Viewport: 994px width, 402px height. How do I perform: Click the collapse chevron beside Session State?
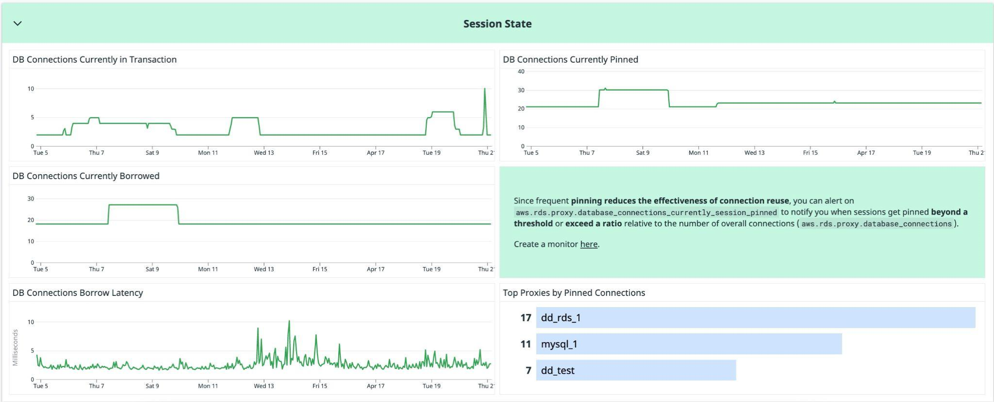[17, 23]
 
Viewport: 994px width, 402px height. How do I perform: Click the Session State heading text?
[497, 24]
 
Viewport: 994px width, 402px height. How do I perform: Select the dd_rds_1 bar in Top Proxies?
[755, 318]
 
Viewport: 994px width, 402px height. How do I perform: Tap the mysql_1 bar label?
[559, 344]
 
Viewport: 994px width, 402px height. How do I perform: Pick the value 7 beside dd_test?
[528, 370]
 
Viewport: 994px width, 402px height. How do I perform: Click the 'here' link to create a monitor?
[588, 244]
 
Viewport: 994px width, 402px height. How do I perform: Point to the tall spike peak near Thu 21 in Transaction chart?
[485, 90]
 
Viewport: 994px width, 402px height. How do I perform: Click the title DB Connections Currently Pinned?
[570, 59]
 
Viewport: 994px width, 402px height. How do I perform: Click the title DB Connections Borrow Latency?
[78, 292]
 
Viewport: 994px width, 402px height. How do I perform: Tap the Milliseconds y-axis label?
[15, 347]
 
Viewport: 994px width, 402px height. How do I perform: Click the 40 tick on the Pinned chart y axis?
[521, 72]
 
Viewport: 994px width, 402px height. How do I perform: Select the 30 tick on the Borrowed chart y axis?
[31, 199]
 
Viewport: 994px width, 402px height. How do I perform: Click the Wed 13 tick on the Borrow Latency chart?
[263, 386]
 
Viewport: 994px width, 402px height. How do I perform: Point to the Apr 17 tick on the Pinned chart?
[866, 153]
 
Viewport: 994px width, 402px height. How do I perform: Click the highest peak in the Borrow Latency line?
[289, 321]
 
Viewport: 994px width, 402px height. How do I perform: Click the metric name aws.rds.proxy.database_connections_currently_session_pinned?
[646, 213]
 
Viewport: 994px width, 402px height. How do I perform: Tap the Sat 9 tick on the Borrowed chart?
[152, 269]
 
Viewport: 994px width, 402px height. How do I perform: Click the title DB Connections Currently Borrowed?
[86, 176]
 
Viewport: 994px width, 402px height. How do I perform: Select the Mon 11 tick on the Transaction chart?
[208, 153]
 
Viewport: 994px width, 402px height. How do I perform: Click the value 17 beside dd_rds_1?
[525, 318]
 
